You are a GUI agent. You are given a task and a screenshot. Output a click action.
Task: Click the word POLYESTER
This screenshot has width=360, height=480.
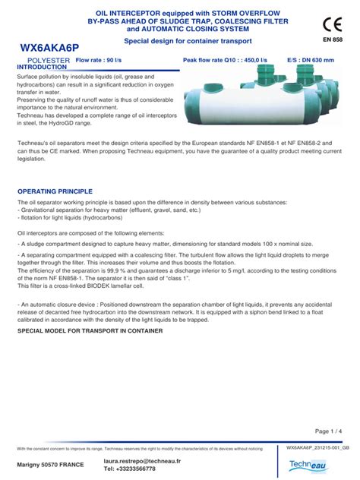[x=48, y=59]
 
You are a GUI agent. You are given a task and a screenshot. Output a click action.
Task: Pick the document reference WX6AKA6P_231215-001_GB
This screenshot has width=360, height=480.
[x=318, y=448]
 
